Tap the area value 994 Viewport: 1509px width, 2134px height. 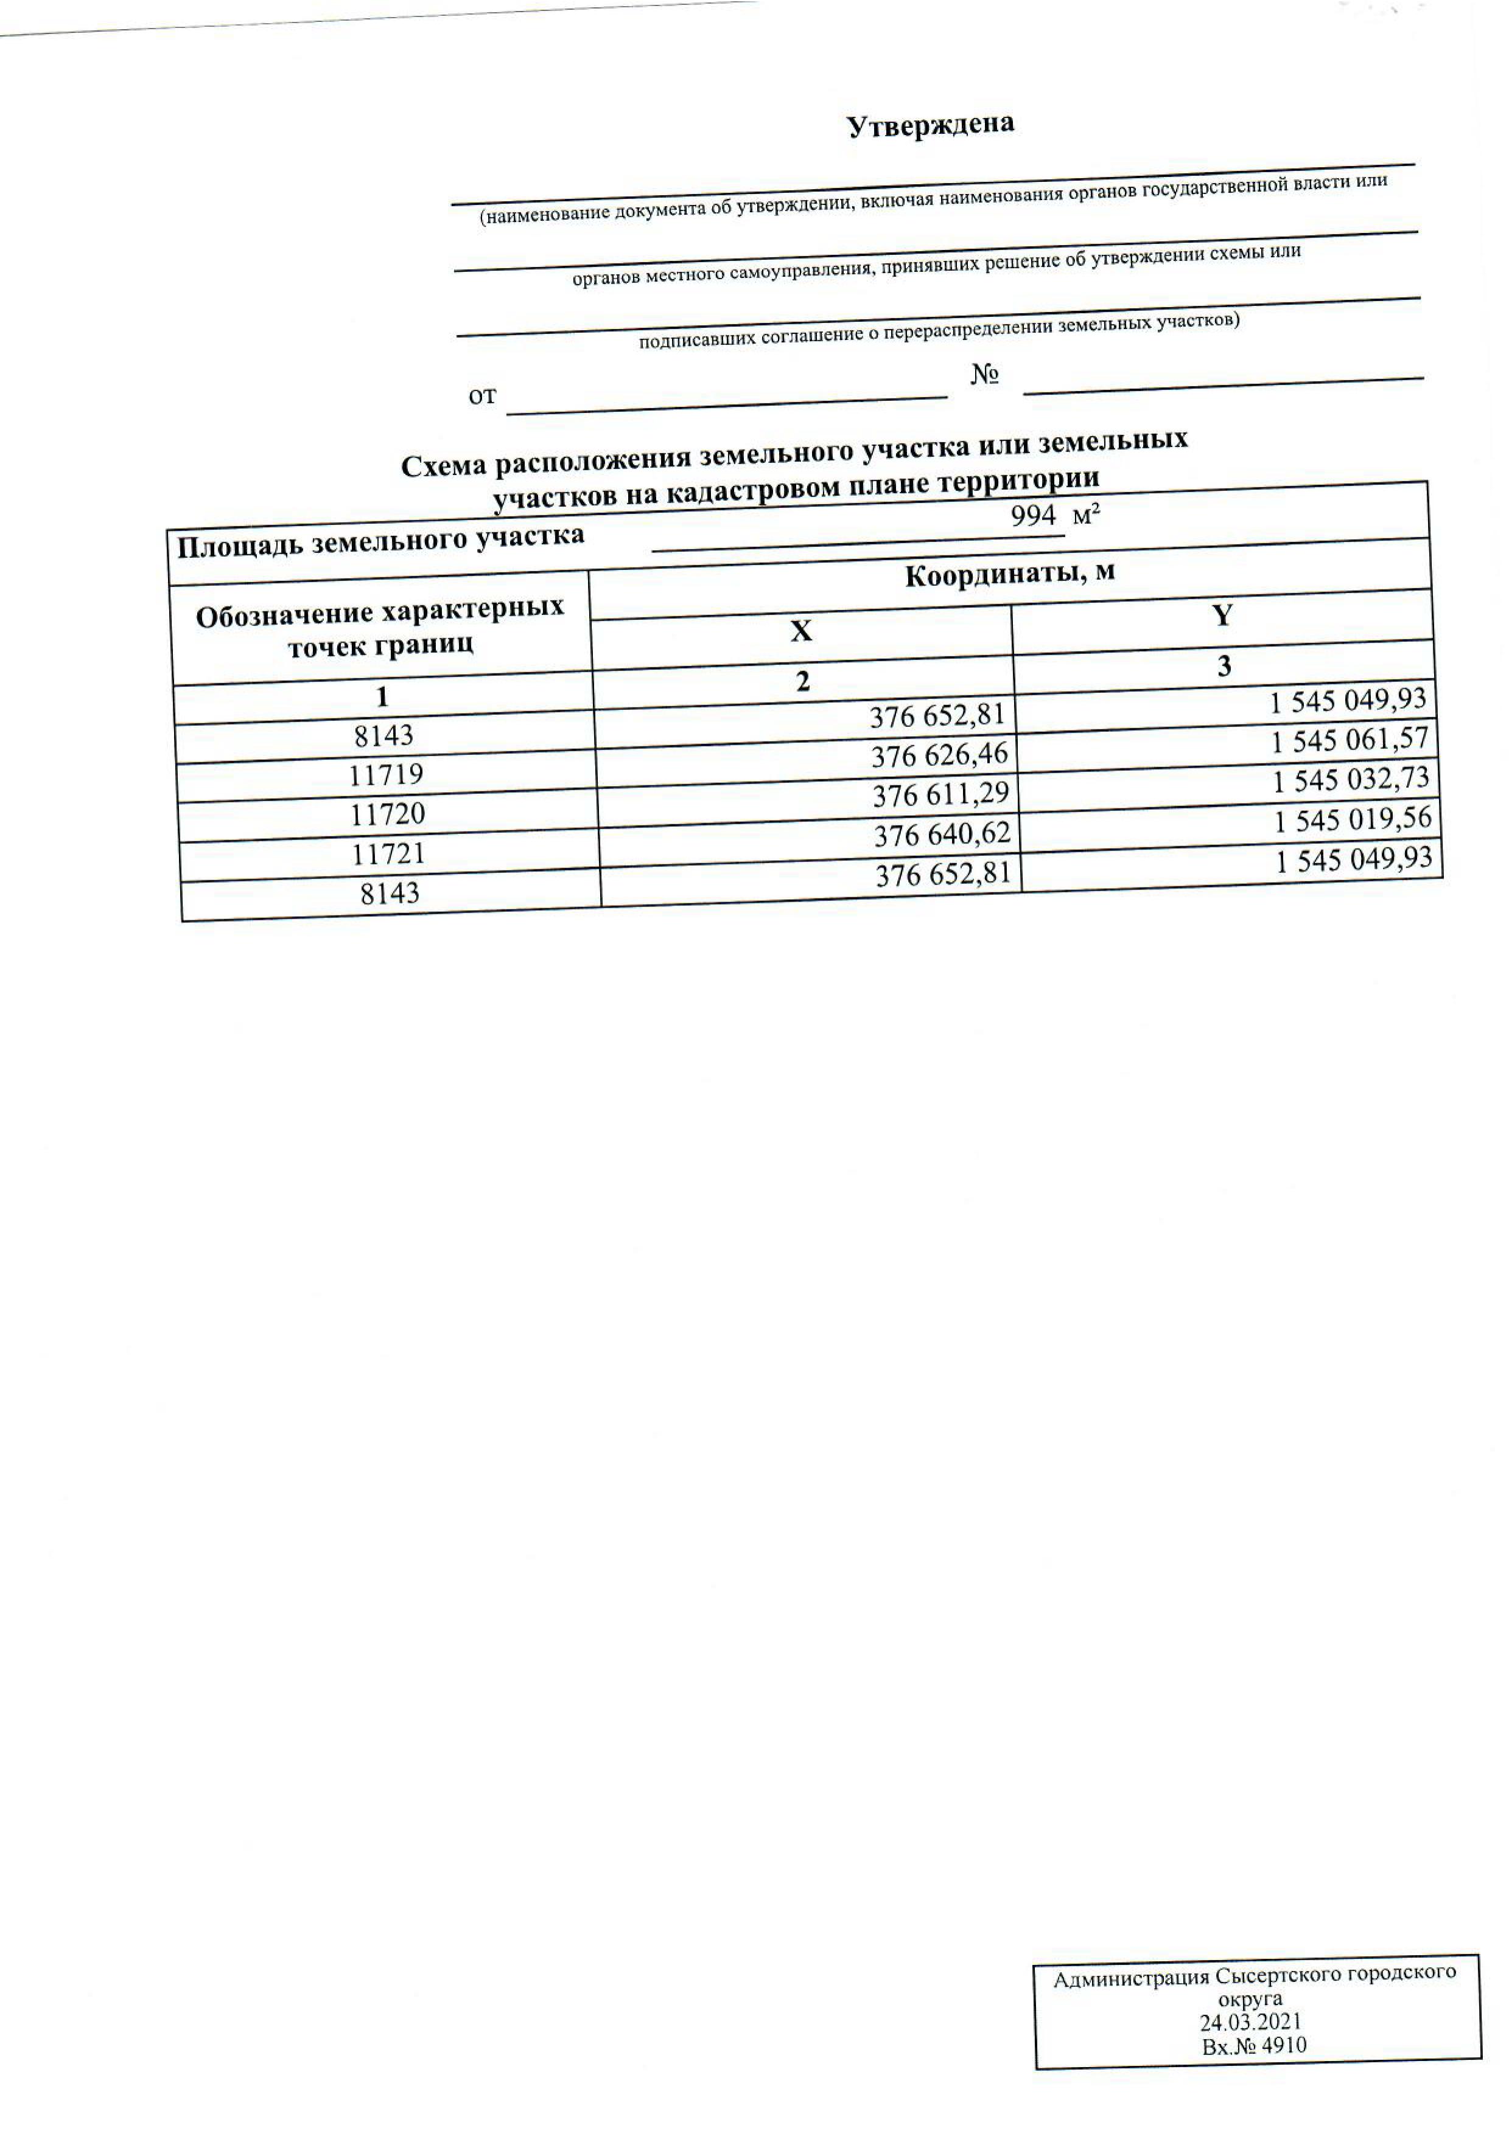[1033, 516]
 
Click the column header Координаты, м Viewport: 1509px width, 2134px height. [1010, 574]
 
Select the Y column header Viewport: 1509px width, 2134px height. [1223, 615]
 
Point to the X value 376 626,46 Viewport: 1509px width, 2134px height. [939, 756]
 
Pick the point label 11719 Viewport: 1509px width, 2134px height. [386, 774]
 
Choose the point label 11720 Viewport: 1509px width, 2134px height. [388, 814]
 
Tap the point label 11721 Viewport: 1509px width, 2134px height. [388, 853]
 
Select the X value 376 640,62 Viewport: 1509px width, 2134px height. [942, 835]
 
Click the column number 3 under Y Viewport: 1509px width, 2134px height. [1224, 666]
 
